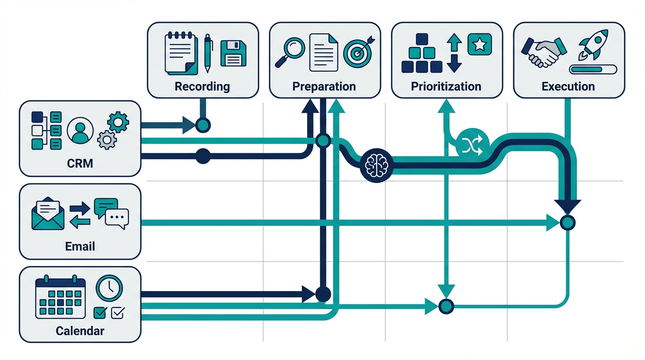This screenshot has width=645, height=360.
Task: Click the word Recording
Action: coord(202,87)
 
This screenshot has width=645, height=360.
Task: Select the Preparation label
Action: coord(324,87)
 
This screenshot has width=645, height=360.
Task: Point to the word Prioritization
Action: coord(446,87)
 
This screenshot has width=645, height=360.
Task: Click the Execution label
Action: coord(568,87)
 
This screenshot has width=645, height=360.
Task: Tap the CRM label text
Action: coord(80,164)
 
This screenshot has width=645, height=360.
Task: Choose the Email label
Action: coord(80,247)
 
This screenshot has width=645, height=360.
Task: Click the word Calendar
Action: coord(80,331)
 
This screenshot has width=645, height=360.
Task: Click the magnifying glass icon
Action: coord(289,52)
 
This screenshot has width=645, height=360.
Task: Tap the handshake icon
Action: coord(544,52)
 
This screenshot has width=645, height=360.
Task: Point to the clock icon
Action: coord(109,287)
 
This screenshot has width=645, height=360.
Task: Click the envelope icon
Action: coord(48,214)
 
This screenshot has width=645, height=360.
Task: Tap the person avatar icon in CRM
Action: coord(80,130)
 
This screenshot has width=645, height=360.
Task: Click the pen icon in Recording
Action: coord(208,53)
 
